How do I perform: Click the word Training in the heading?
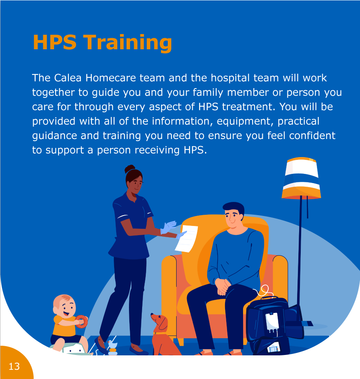tap(128, 43)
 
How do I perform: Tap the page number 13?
tap(14, 367)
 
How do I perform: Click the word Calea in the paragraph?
tap(68, 78)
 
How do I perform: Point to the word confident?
tap(312, 135)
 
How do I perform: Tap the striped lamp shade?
tap(301, 178)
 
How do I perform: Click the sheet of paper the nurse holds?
tap(186, 238)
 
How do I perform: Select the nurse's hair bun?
tap(129, 169)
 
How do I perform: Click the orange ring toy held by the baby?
tap(82, 321)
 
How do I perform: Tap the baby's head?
tap(64, 306)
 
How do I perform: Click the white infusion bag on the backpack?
tap(272, 321)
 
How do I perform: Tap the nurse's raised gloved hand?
tap(169, 227)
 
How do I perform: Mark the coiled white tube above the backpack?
tap(264, 290)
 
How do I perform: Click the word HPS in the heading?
tap(54, 42)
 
